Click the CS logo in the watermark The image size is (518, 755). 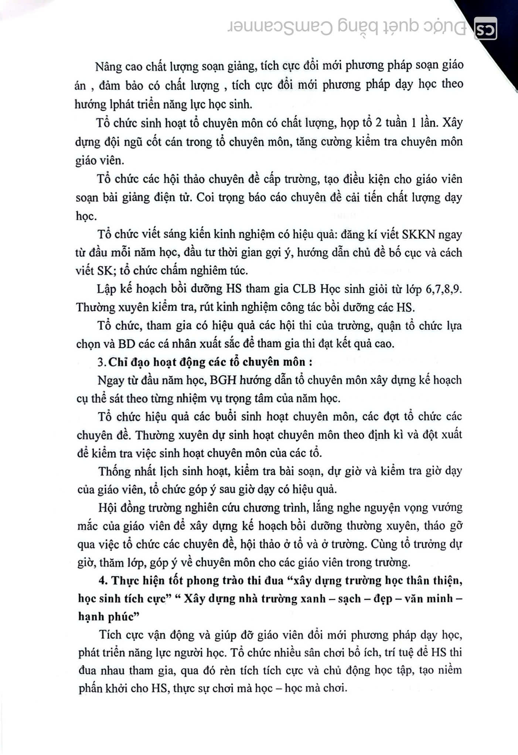pos(485,29)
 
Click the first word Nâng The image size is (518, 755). pos(108,67)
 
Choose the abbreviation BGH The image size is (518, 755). pos(223,380)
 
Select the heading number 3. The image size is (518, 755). pos(101,362)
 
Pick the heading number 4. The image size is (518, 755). pos(103,580)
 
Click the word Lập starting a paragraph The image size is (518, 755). pos(106,289)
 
